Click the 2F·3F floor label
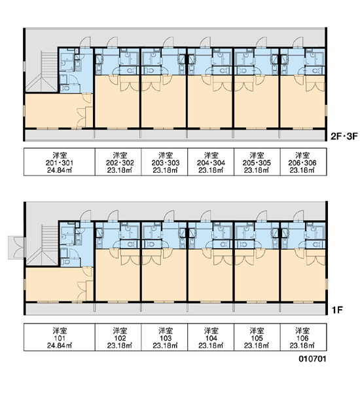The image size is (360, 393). tap(344, 137)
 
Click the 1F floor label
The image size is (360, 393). tap(337, 310)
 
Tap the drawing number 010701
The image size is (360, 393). tap(312, 359)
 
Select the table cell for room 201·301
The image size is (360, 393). tap(60, 162)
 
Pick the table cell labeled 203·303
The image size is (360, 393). tap(164, 162)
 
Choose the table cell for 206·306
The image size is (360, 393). tap(303, 162)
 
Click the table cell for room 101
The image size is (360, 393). tap(60, 337)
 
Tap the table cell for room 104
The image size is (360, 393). tap(211, 337)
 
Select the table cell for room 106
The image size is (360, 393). tap(303, 337)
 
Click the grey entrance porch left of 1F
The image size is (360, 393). tap(16, 247)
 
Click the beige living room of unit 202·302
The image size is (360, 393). tap(117, 105)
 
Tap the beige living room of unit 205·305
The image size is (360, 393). tap(257, 105)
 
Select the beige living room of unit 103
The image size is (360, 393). tap(164, 278)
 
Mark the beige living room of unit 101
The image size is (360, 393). tap(55, 284)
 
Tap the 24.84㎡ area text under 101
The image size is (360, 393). tap(60, 346)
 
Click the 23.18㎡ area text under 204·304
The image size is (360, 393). tap(211, 170)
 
